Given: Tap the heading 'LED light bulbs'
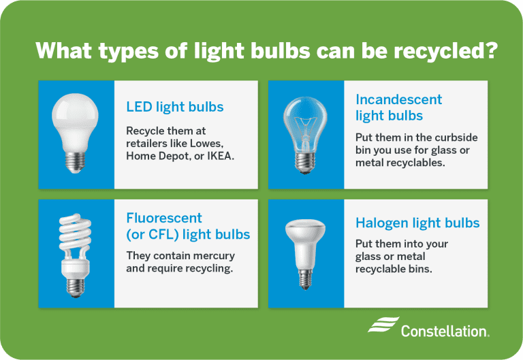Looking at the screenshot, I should [175, 107].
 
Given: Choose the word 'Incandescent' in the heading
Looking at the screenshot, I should [398, 99].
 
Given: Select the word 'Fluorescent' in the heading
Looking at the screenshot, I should [164, 218].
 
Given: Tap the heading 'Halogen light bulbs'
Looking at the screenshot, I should [417, 223].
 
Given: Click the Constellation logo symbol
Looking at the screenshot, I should [383, 326].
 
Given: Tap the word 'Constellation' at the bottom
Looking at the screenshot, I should [444, 332].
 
